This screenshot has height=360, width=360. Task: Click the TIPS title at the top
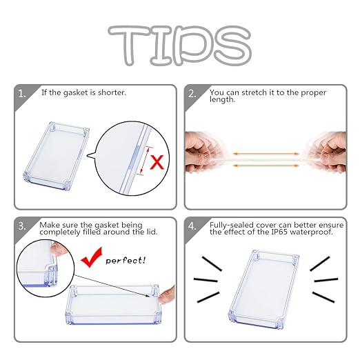click(x=180, y=46)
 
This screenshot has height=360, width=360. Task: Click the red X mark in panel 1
click(x=157, y=162)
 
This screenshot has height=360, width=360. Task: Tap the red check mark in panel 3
click(x=92, y=257)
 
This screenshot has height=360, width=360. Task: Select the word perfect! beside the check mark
click(x=126, y=261)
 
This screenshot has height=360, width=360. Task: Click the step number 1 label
click(x=22, y=94)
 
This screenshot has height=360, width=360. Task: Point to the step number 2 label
click(x=192, y=94)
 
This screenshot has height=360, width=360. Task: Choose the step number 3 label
click(x=22, y=226)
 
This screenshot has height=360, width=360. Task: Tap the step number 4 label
click(x=192, y=226)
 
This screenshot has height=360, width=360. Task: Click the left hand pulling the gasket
click(x=202, y=152)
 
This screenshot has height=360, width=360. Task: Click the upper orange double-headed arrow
click(x=266, y=154)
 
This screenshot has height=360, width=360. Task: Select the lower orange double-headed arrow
click(x=266, y=166)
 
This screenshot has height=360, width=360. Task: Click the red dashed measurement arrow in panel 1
click(x=145, y=161)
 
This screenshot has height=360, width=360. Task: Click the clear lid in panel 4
click(x=264, y=289)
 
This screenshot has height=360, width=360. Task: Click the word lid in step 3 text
click(x=152, y=232)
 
